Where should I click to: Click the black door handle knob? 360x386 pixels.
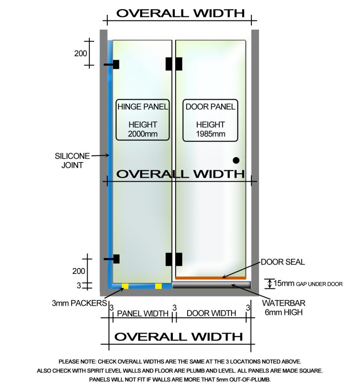[x=236, y=161]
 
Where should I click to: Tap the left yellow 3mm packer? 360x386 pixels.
[x=125, y=286]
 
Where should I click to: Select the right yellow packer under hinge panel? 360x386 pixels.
[x=159, y=286]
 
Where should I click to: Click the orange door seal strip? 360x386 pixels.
[x=211, y=278]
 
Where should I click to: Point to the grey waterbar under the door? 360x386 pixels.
[x=212, y=285]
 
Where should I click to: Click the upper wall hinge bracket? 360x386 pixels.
[x=111, y=64]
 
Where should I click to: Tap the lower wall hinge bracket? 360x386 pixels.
[x=111, y=259]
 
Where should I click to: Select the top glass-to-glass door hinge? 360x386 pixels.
[x=174, y=64]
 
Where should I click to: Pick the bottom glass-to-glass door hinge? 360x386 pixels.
[x=174, y=259]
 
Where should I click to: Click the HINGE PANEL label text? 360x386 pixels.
[x=143, y=107]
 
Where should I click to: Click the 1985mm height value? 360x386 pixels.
[x=211, y=134]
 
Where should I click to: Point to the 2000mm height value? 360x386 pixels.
[x=143, y=134]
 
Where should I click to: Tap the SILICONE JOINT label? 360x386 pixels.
[x=72, y=161]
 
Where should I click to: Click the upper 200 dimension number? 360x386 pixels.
[x=81, y=53]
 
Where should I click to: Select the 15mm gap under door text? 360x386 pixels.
[x=308, y=283]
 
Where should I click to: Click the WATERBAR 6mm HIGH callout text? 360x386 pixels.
[x=284, y=308]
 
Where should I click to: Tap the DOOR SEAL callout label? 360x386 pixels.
[x=283, y=262]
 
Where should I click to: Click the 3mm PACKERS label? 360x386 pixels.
[x=79, y=303]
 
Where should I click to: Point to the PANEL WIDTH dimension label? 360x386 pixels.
[x=143, y=313]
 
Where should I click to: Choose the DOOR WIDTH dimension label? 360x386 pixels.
[x=211, y=313]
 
